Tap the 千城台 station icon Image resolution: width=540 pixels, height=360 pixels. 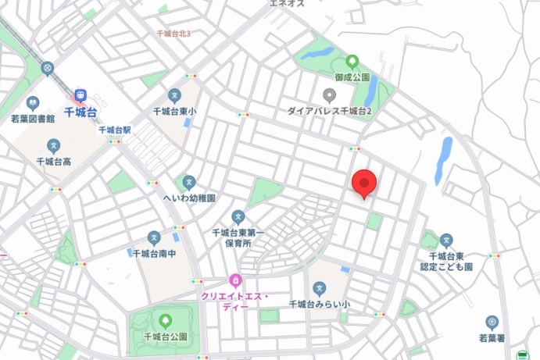point(80,95)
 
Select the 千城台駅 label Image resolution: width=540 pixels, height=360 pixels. point(115,130)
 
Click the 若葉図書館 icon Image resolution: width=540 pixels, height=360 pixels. point(33,102)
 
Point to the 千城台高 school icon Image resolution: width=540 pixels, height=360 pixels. point(54,145)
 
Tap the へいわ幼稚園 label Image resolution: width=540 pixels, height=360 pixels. point(188,198)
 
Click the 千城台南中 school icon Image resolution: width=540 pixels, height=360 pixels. point(154,237)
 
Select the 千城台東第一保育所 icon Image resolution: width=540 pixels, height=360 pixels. point(238,216)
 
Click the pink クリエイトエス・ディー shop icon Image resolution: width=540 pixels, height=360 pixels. point(234,280)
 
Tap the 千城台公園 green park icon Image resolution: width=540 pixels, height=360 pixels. point(165,320)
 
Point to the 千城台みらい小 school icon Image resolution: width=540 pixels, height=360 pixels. point(319,288)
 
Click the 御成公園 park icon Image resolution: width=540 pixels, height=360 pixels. point(352,60)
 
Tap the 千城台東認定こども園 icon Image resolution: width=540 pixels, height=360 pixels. point(446,240)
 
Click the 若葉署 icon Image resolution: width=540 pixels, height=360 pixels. point(492,322)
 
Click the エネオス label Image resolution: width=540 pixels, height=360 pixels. point(286,4)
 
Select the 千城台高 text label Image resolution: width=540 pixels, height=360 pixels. point(54,162)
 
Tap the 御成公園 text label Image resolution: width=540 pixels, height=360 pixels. point(352,77)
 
